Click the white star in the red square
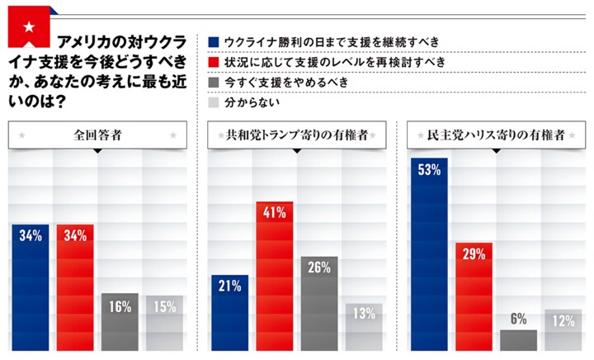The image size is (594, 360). pos(29,28)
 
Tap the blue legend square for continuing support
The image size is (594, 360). pos(214,41)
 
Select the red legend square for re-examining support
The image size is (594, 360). pos(214,62)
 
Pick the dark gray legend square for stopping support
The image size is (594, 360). pos(214,83)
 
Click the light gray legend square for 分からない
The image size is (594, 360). pos(214,103)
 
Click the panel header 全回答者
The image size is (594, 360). pos(97,135)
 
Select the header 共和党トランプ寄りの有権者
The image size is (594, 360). pos(298,135)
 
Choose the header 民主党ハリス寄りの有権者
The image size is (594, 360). pos(497,135)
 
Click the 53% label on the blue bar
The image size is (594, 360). pos(429,171)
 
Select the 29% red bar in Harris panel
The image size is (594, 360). pos(474,297)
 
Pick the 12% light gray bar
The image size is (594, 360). pos(563,330)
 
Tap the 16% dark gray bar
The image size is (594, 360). pos(120,322)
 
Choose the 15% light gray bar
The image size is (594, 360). pos(165,324)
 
